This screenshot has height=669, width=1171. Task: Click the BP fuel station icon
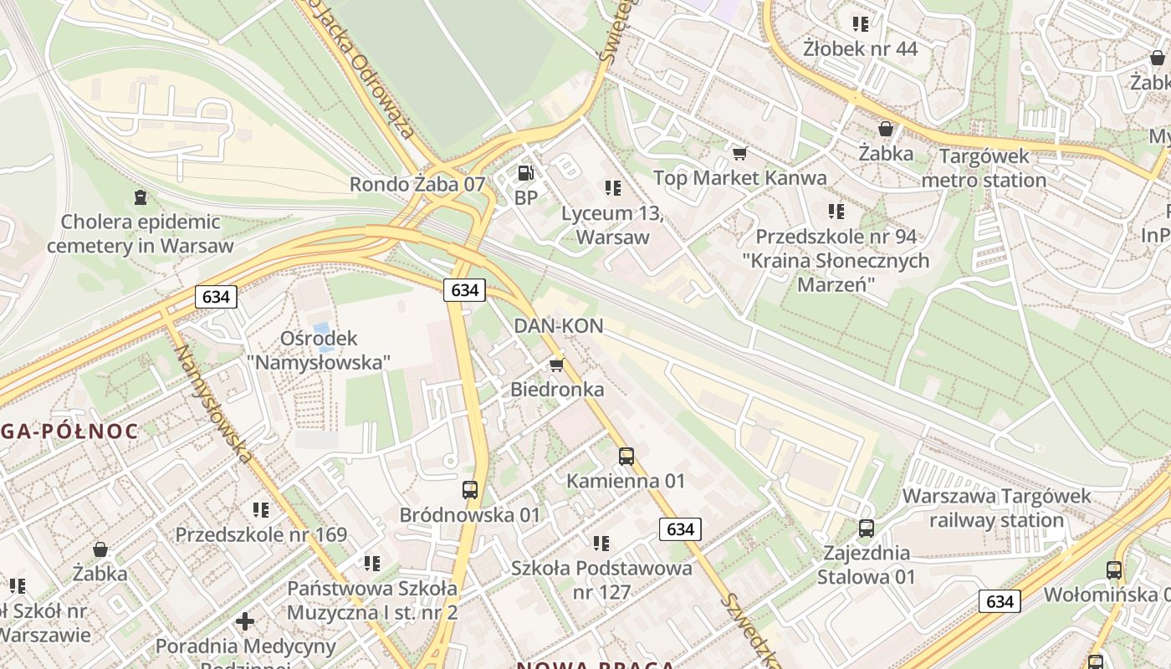[525, 173]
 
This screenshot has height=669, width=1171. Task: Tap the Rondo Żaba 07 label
[417, 184]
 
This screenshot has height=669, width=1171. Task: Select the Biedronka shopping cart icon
[557, 365]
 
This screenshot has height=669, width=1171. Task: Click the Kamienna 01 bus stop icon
[626, 457]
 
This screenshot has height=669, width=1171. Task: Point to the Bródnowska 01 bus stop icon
[470, 490]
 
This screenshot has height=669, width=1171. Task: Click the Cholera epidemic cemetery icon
[140, 197]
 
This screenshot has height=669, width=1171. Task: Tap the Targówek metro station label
[984, 168]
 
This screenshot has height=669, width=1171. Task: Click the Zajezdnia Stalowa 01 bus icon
[867, 529]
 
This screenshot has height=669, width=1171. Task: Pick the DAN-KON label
[559, 326]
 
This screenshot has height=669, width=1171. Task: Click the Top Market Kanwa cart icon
[739, 153]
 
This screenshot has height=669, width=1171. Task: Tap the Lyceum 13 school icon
[613, 188]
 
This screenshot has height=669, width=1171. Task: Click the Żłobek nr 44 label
[860, 49]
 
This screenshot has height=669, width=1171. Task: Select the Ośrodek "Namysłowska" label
[319, 350]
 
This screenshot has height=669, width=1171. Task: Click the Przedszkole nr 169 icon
[261, 509]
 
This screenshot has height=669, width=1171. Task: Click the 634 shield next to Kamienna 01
[680, 529]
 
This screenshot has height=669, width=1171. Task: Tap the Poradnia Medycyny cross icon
[245, 621]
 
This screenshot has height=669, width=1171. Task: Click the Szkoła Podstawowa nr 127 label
[601, 580]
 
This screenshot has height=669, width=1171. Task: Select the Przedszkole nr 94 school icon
[836, 212]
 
